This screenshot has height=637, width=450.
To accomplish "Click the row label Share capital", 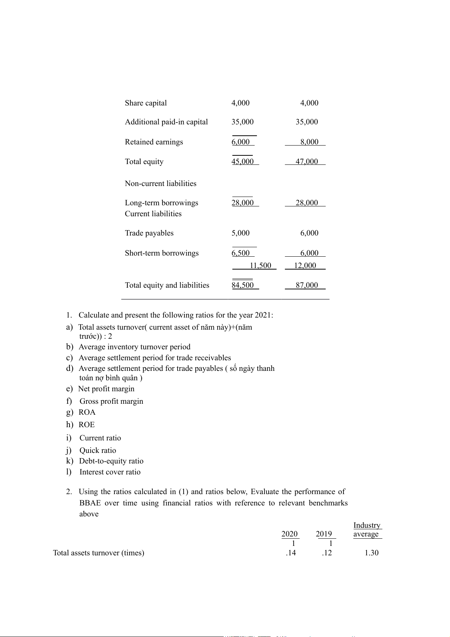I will [146, 103].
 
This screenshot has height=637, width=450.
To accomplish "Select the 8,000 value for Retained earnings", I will [309, 142].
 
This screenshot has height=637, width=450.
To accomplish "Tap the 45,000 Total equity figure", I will [243, 162].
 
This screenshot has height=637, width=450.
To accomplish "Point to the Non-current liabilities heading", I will [161, 184].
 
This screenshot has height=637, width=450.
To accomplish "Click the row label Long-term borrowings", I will [161, 203].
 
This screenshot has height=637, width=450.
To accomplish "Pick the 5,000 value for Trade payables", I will [240, 233].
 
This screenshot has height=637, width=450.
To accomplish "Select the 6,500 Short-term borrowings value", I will [241, 253].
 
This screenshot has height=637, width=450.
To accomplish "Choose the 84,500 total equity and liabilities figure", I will [243, 285].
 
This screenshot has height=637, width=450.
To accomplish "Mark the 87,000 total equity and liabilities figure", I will [307, 285].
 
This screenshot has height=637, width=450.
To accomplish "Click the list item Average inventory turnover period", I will [134, 347].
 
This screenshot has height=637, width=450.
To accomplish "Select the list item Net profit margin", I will [106, 389].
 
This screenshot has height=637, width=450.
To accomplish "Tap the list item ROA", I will [87, 412].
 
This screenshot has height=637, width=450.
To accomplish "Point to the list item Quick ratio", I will [97, 451].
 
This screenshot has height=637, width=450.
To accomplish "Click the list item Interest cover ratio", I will [110, 472].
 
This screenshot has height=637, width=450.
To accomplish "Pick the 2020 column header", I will [289, 534].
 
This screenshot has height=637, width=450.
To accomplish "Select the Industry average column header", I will [367, 530].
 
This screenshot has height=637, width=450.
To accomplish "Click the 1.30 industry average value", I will [371, 553].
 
